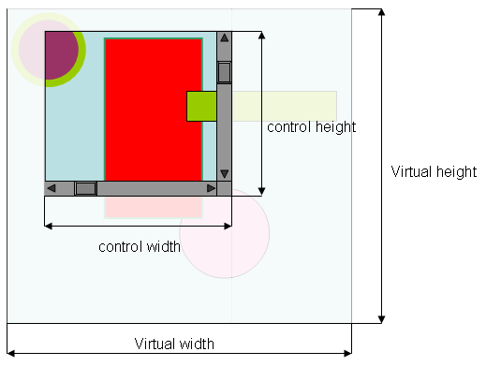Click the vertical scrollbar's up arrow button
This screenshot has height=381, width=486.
[x=224, y=38]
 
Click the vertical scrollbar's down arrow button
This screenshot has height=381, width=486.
[x=224, y=174]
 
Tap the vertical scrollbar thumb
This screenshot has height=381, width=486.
[x=224, y=73]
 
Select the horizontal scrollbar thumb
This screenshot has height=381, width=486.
[x=86, y=188]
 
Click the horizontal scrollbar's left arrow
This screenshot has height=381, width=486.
[x=52, y=188]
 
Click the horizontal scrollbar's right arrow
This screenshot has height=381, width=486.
[x=211, y=188]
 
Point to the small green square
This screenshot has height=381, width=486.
[x=201, y=106]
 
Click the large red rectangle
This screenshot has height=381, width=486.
[x=154, y=110]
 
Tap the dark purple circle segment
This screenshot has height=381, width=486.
[x=61, y=55]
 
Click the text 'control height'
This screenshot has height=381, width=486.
[x=312, y=127]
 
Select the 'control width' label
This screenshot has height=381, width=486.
[x=140, y=247]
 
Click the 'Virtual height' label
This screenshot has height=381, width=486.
[x=434, y=172]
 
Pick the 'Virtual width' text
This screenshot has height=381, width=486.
[x=174, y=344]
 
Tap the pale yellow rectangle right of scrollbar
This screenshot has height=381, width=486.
[x=285, y=106]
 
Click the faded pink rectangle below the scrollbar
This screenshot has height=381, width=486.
[x=154, y=207]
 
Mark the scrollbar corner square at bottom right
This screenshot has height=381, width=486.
[x=224, y=188]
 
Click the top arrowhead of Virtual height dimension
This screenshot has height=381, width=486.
[x=381, y=12]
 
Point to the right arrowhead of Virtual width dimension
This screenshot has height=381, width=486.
[x=347, y=354]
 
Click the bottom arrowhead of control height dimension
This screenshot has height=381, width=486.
[x=262, y=191]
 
